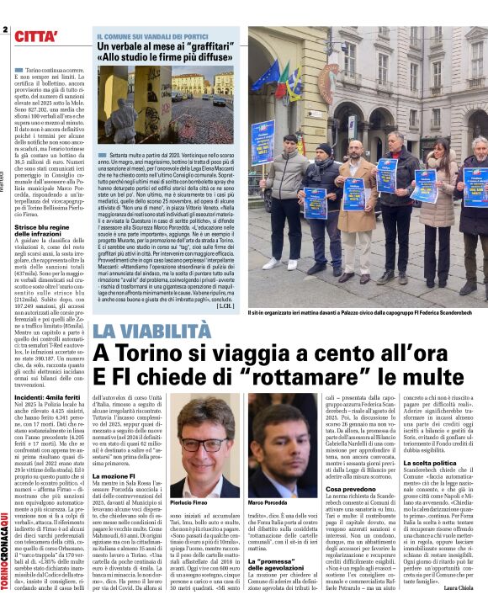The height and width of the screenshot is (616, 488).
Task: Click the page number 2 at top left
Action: pyautogui.click(x=5, y=29)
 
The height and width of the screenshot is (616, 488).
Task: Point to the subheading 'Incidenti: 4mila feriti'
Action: pyautogui.click(x=47, y=396)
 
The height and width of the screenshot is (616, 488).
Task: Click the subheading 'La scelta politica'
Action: pyautogui.click(x=429, y=462)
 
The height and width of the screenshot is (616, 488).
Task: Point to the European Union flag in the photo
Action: pyautogui.click(x=267, y=76)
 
